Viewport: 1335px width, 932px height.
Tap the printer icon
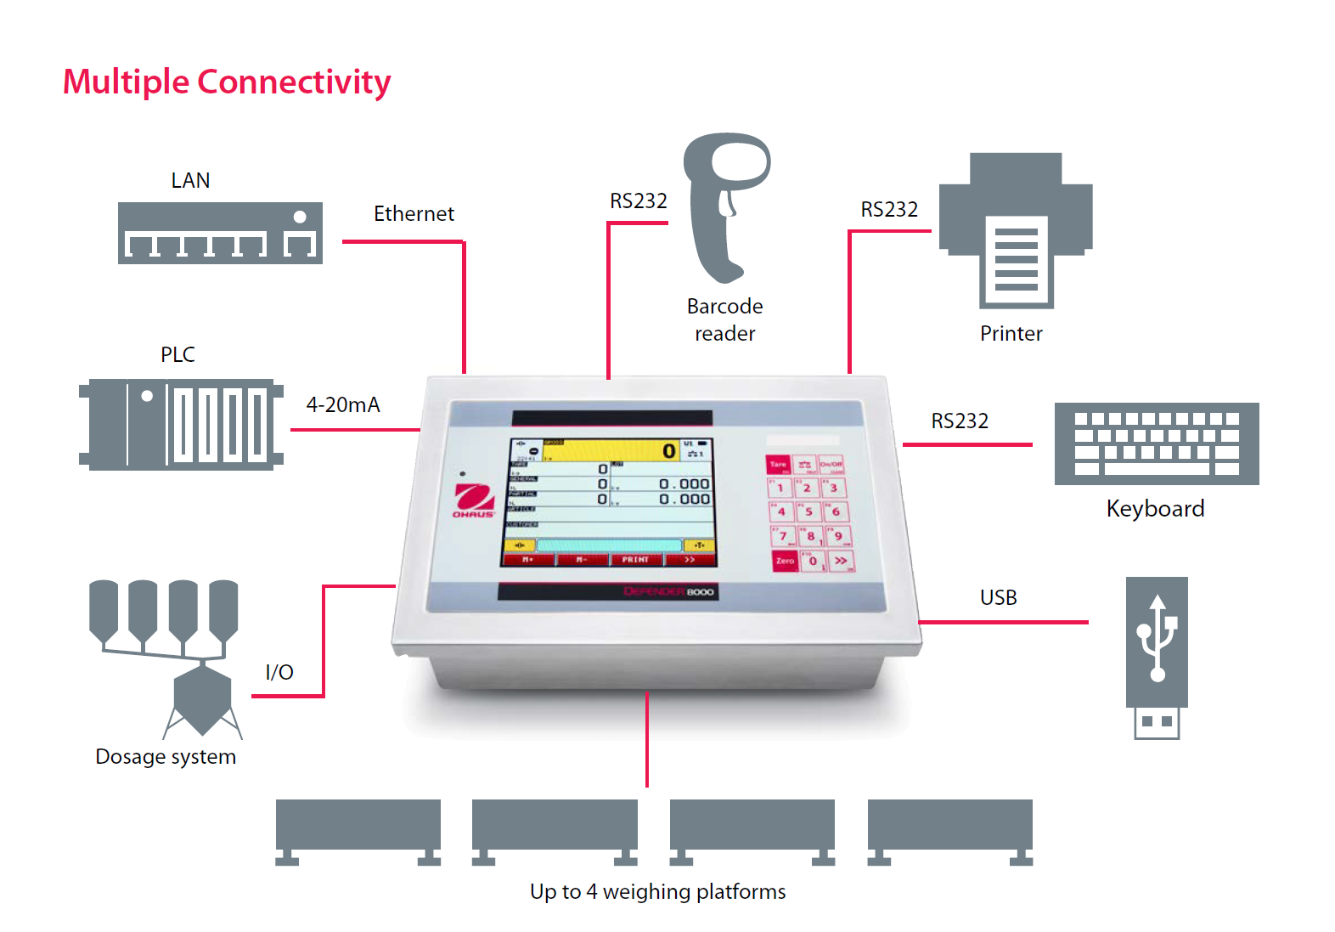(1016, 229)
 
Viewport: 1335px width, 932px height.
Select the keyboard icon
(1156, 443)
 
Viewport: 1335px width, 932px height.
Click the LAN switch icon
(220, 233)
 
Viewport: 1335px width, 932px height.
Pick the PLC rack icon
(181, 424)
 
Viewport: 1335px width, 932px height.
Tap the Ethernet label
(414, 213)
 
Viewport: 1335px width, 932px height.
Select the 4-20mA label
(343, 404)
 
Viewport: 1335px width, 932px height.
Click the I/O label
(279, 672)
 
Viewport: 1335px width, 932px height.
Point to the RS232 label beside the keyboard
(960, 421)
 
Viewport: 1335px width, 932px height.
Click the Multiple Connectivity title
(227, 82)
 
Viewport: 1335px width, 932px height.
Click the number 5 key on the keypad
(808, 511)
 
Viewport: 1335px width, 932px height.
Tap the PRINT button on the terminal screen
(635, 560)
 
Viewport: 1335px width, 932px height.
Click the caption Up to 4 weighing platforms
(657, 891)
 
